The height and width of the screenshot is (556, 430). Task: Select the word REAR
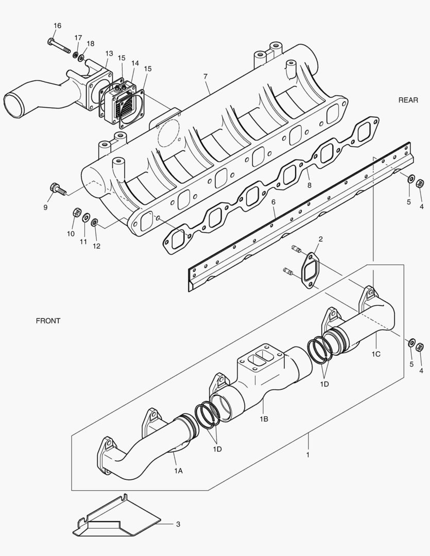[408, 100]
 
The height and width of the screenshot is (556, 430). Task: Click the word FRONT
[48, 321]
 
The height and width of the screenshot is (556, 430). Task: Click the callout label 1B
[264, 419]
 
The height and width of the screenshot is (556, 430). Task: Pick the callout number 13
[109, 54]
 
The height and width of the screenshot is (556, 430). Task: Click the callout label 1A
[178, 471]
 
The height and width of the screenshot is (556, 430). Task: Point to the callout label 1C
[376, 355]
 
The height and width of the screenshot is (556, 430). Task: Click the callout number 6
[274, 202]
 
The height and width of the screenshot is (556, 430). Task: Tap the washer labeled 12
[95, 223]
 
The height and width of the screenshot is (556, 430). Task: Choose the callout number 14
[135, 63]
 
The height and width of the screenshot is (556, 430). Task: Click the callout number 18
[91, 44]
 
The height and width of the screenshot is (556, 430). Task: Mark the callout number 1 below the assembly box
[308, 455]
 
